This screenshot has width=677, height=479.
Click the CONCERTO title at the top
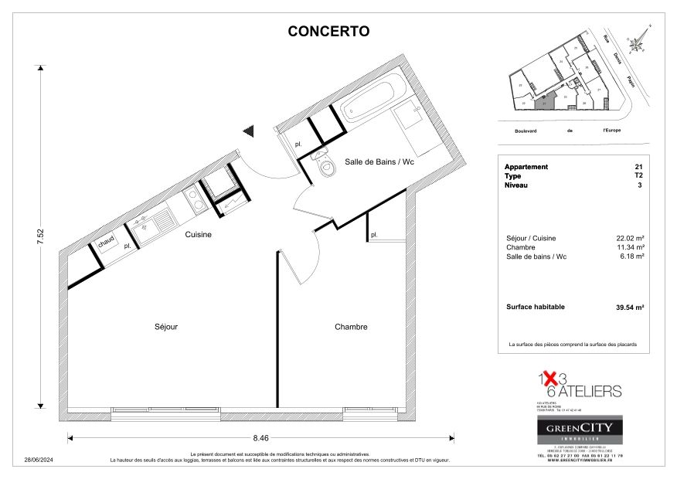tap(328, 32)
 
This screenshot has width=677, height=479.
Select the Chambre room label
tap(351, 327)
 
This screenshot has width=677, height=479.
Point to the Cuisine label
tap(198, 234)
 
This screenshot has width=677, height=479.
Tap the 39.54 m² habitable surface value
tap(630, 307)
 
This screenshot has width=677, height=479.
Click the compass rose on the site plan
tap(638, 44)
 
